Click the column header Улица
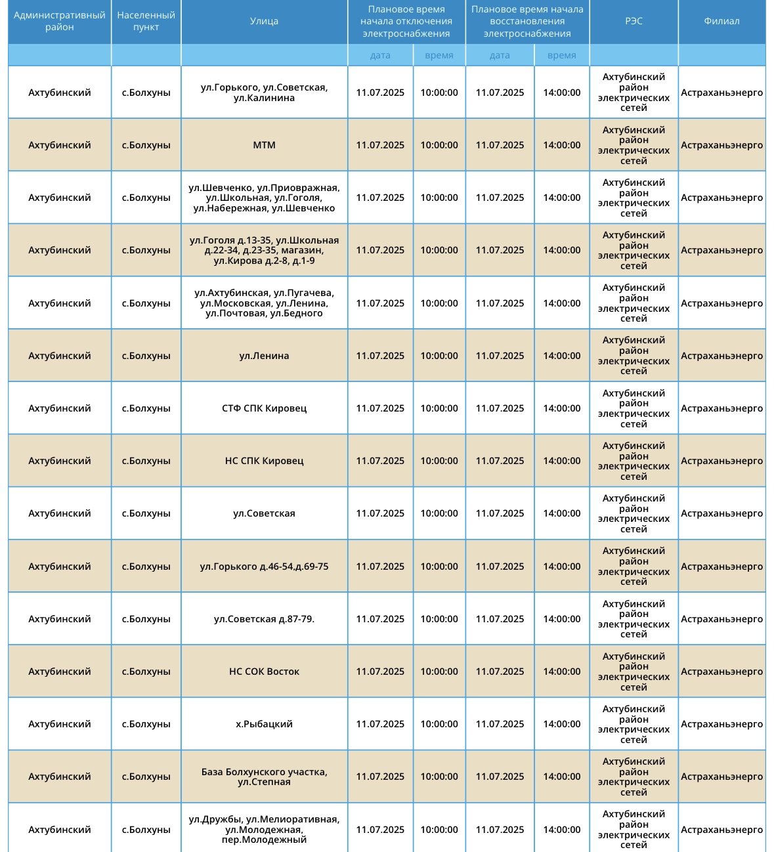point(264,21)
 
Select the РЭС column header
point(634,21)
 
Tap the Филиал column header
point(721,21)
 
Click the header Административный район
point(60,21)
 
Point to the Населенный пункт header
point(146,21)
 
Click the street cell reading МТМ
point(264,145)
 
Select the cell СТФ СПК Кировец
point(264,408)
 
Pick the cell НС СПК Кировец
point(264,461)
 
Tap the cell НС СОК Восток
point(264,671)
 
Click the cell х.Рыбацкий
point(264,724)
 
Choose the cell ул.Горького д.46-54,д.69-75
point(264,566)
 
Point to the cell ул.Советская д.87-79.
point(264,619)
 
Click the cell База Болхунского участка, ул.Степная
point(264,777)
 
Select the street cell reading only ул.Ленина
point(264,356)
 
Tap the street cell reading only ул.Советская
point(264,513)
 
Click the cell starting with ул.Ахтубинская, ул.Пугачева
point(264,303)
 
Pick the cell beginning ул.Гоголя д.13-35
point(264,250)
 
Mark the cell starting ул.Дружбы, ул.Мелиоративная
point(264,829)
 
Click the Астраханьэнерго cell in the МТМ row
point(721,145)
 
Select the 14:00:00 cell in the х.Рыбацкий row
point(561,724)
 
